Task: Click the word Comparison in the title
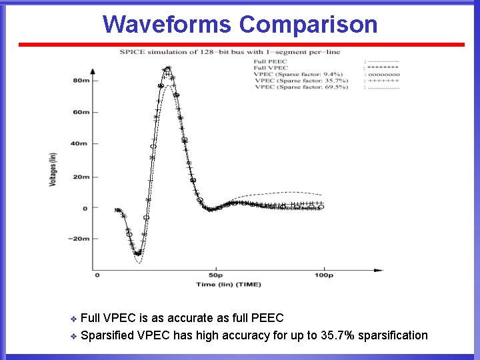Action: point(308,25)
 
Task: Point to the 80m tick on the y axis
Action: point(81,81)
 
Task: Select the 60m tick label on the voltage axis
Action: point(81,112)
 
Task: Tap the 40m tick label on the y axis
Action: point(81,144)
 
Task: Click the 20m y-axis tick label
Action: point(81,177)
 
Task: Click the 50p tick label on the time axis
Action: point(215,275)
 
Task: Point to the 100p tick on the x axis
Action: point(323,275)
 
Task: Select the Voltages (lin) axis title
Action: point(52,169)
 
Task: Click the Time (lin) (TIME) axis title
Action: point(229,285)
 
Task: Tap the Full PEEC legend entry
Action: point(271,61)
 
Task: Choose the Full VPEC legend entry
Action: point(271,68)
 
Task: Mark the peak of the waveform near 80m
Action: point(167,68)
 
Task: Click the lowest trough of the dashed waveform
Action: point(138,263)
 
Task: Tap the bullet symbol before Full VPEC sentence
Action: point(73,319)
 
